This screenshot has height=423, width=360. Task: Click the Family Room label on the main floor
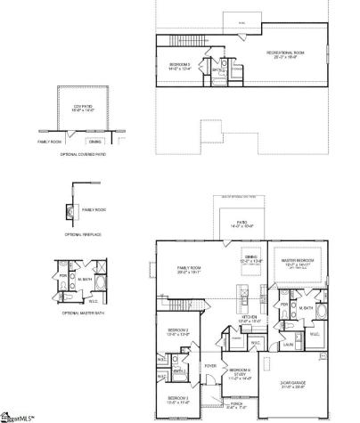point(189,269)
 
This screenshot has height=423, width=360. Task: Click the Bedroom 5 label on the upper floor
point(182,65)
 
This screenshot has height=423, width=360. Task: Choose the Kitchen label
point(250,318)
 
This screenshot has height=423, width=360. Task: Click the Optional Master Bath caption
point(81,313)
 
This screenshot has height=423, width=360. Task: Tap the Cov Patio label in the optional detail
point(83,108)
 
